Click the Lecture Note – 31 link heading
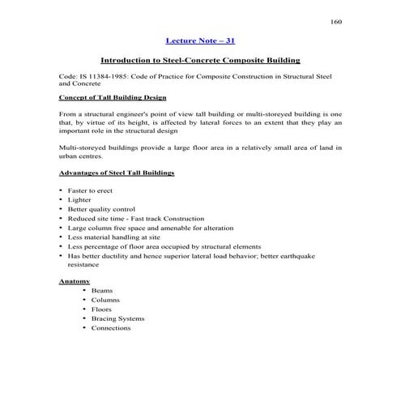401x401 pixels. point(200,40)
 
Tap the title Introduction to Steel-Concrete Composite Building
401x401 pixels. point(200,60)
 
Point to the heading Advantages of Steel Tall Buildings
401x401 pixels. point(117,173)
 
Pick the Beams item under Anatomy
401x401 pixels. point(102,290)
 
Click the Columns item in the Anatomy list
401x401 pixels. point(105,300)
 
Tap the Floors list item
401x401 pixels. point(102,309)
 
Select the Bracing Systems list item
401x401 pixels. point(117,318)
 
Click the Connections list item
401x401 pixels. point(111,328)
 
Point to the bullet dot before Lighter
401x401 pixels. point(62,200)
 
